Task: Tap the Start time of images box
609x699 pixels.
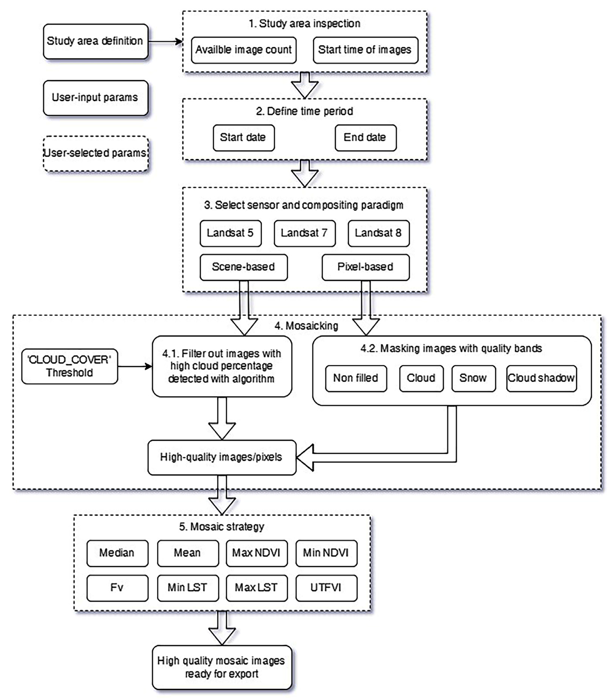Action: (365, 50)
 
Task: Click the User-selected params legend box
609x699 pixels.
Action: (95, 153)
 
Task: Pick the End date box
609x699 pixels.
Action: (365, 138)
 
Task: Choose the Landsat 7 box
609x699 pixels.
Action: (305, 233)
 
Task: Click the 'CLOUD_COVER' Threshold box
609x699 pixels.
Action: (70, 366)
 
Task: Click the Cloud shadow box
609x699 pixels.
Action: (541, 378)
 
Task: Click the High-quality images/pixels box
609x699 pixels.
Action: (222, 457)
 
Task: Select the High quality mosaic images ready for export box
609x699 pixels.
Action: (222, 667)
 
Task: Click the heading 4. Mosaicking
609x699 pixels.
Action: (306, 326)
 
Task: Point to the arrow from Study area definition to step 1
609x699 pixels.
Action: (165, 42)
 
